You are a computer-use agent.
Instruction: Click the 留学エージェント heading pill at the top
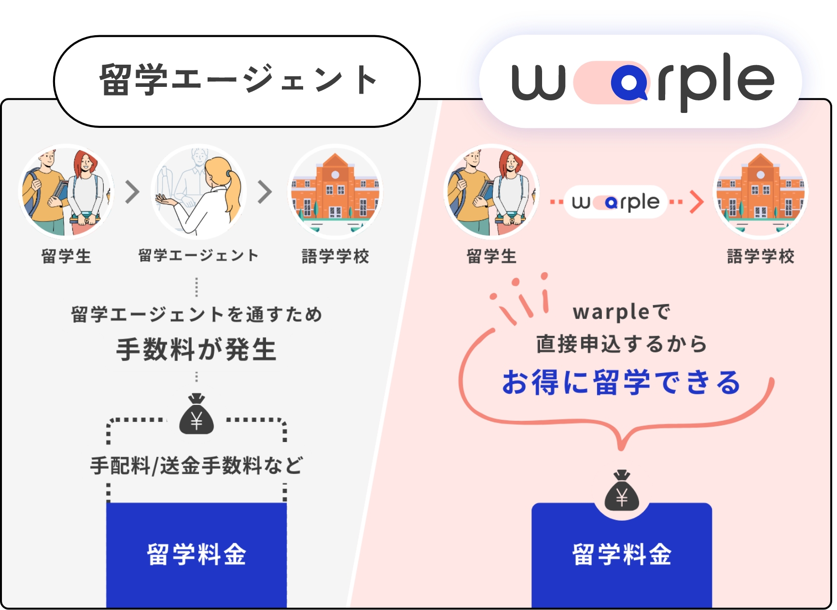tap(237, 81)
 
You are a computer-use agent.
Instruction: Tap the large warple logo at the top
tap(642, 82)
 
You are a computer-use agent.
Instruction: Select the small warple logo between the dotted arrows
tap(615, 202)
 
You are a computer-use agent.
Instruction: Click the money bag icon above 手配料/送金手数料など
tap(196, 414)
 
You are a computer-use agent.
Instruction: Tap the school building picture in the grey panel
tap(335, 192)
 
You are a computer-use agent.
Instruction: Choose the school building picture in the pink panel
tap(760, 192)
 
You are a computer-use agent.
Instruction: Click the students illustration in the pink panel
tap(491, 192)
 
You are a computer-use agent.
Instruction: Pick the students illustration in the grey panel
tap(66, 192)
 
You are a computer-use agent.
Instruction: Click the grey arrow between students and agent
tap(132, 192)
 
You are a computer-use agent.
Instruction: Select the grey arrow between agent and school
tap(265, 192)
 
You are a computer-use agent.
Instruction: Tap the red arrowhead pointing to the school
tap(697, 202)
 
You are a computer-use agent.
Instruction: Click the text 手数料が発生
tap(196, 349)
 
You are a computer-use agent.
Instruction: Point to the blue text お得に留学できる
tap(622, 382)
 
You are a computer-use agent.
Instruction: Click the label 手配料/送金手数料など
tap(196, 466)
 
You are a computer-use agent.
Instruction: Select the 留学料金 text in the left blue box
tap(196, 554)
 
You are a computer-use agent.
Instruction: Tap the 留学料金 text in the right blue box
tap(622, 554)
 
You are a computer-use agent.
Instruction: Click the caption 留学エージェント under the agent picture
tap(198, 255)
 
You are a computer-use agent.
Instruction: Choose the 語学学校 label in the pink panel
tap(761, 256)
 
